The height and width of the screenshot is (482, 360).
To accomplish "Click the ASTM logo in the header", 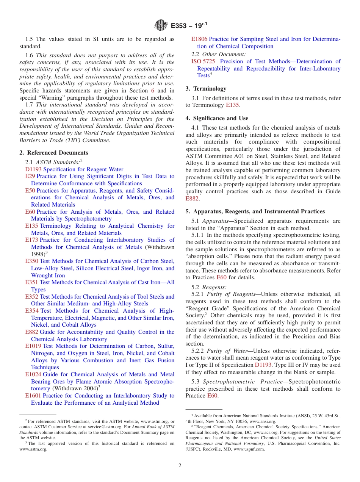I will click(x=161, y=25).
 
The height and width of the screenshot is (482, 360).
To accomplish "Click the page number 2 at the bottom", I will click(x=180, y=465).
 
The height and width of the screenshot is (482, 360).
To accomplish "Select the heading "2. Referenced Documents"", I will click(x=54, y=153).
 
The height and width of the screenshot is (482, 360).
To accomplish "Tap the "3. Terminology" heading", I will click(x=206, y=89).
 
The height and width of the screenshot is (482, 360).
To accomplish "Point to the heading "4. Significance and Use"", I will click(x=217, y=118).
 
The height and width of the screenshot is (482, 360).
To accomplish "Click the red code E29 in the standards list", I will click(x=30, y=176).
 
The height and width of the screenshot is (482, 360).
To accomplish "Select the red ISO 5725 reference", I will click(x=203, y=61).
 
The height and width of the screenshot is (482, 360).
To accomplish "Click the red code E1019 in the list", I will click(x=33, y=346).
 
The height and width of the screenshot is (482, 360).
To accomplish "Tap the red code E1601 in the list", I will click(x=33, y=396).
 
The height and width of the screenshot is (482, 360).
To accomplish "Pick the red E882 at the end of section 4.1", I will click(x=192, y=199).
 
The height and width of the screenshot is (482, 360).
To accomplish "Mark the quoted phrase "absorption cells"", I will click(x=205, y=257).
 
